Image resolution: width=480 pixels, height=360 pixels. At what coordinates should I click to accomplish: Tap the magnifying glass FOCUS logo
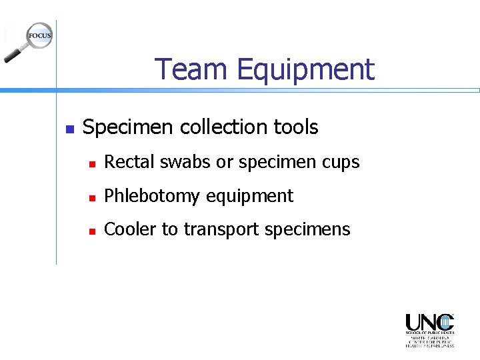29,40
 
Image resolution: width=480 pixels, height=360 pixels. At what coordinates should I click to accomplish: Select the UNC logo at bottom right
429,329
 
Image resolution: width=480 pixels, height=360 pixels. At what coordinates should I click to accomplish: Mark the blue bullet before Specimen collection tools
68,128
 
